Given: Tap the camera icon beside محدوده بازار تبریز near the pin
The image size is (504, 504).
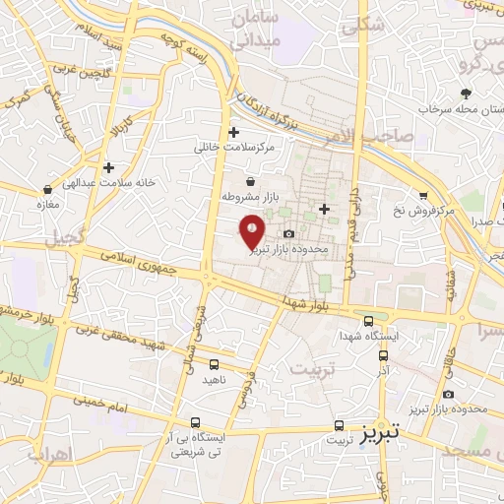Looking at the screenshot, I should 288,233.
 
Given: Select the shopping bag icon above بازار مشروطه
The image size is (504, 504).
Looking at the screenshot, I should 250,181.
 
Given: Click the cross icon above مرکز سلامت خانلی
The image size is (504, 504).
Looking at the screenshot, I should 233,132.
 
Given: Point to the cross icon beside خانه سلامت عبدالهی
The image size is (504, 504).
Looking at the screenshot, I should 108,167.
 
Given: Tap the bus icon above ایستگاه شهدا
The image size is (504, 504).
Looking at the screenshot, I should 368,321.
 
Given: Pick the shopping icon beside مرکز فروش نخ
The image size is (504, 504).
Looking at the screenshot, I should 422,195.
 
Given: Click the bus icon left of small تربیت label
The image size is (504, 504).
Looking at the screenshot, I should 340,426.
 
